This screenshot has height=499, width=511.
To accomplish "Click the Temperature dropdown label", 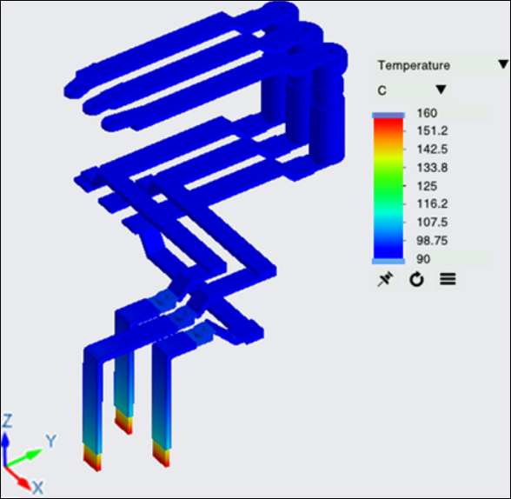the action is pyautogui.click(x=414, y=65).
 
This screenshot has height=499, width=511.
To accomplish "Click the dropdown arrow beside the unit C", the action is pyautogui.click(x=441, y=90).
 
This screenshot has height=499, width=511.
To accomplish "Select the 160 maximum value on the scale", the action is pyautogui.click(x=427, y=113).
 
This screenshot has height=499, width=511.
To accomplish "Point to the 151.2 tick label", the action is pyautogui.click(x=433, y=131).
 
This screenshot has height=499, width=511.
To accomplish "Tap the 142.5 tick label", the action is pyautogui.click(x=433, y=150).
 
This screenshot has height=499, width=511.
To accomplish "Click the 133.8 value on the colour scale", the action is pyautogui.click(x=433, y=168).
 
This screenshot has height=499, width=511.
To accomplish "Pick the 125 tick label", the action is pyautogui.click(x=427, y=186).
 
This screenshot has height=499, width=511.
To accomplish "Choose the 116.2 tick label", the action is pyautogui.click(x=433, y=204).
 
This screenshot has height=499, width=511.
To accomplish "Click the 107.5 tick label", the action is pyautogui.click(x=433, y=223).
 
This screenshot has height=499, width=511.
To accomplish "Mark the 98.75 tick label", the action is pyautogui.click(x=432, y=241).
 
